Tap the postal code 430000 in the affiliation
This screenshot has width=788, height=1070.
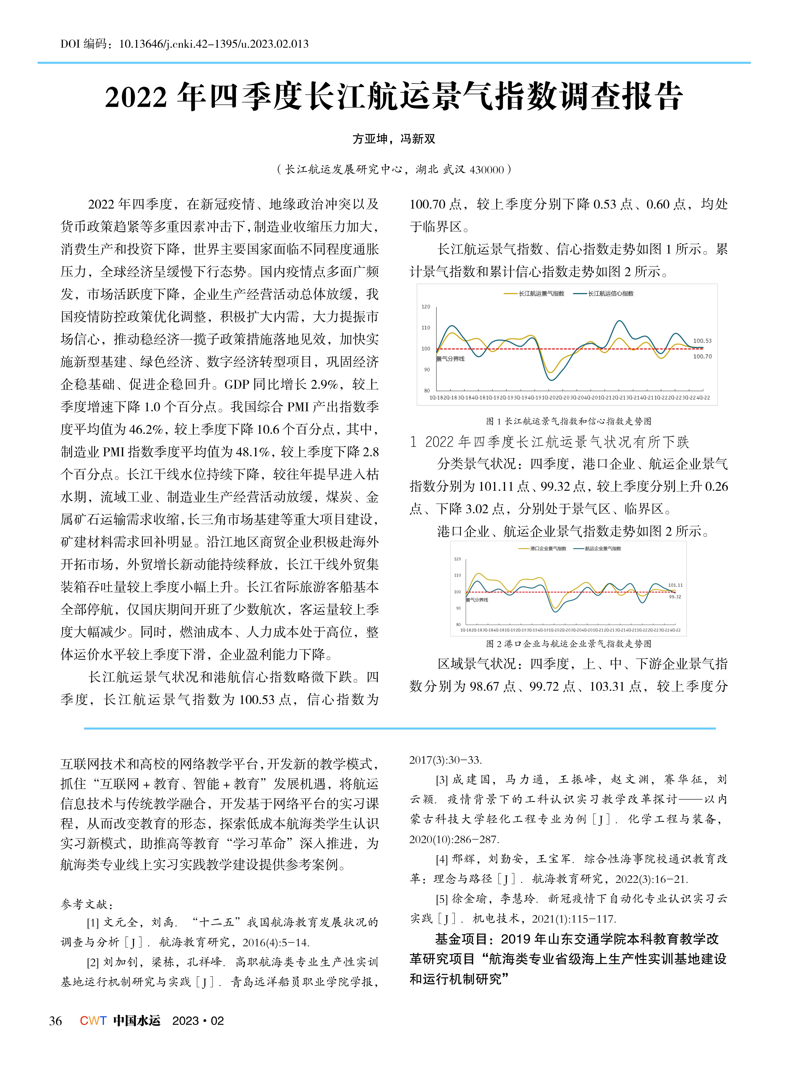486,170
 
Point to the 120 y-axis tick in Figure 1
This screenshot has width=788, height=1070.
425,307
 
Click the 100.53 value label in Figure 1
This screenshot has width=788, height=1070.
702,341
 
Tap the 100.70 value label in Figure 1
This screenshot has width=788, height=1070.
702,357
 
